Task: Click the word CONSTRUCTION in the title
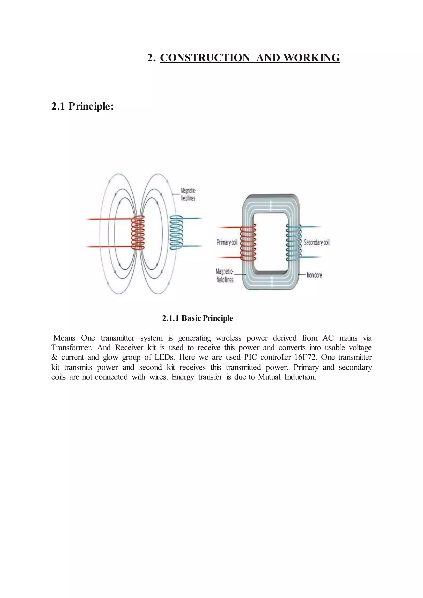(x=205, y=58)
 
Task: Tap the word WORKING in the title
(x=311, y=58)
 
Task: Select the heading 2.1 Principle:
(x=82, y=106)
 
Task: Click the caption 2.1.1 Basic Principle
(x=197, y=318)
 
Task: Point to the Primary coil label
(x=227, y=242)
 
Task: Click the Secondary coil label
(x=316, y=242)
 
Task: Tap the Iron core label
(x=314, y=275)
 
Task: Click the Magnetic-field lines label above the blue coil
(x=188, y=194)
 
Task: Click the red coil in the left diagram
(x=138, y=233)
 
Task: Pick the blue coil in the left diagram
(x=176, y=233)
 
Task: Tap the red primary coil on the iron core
(x=248, y=243)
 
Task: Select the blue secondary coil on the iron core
(x=293, y=243)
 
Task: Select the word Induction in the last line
(x=300, y=377)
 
